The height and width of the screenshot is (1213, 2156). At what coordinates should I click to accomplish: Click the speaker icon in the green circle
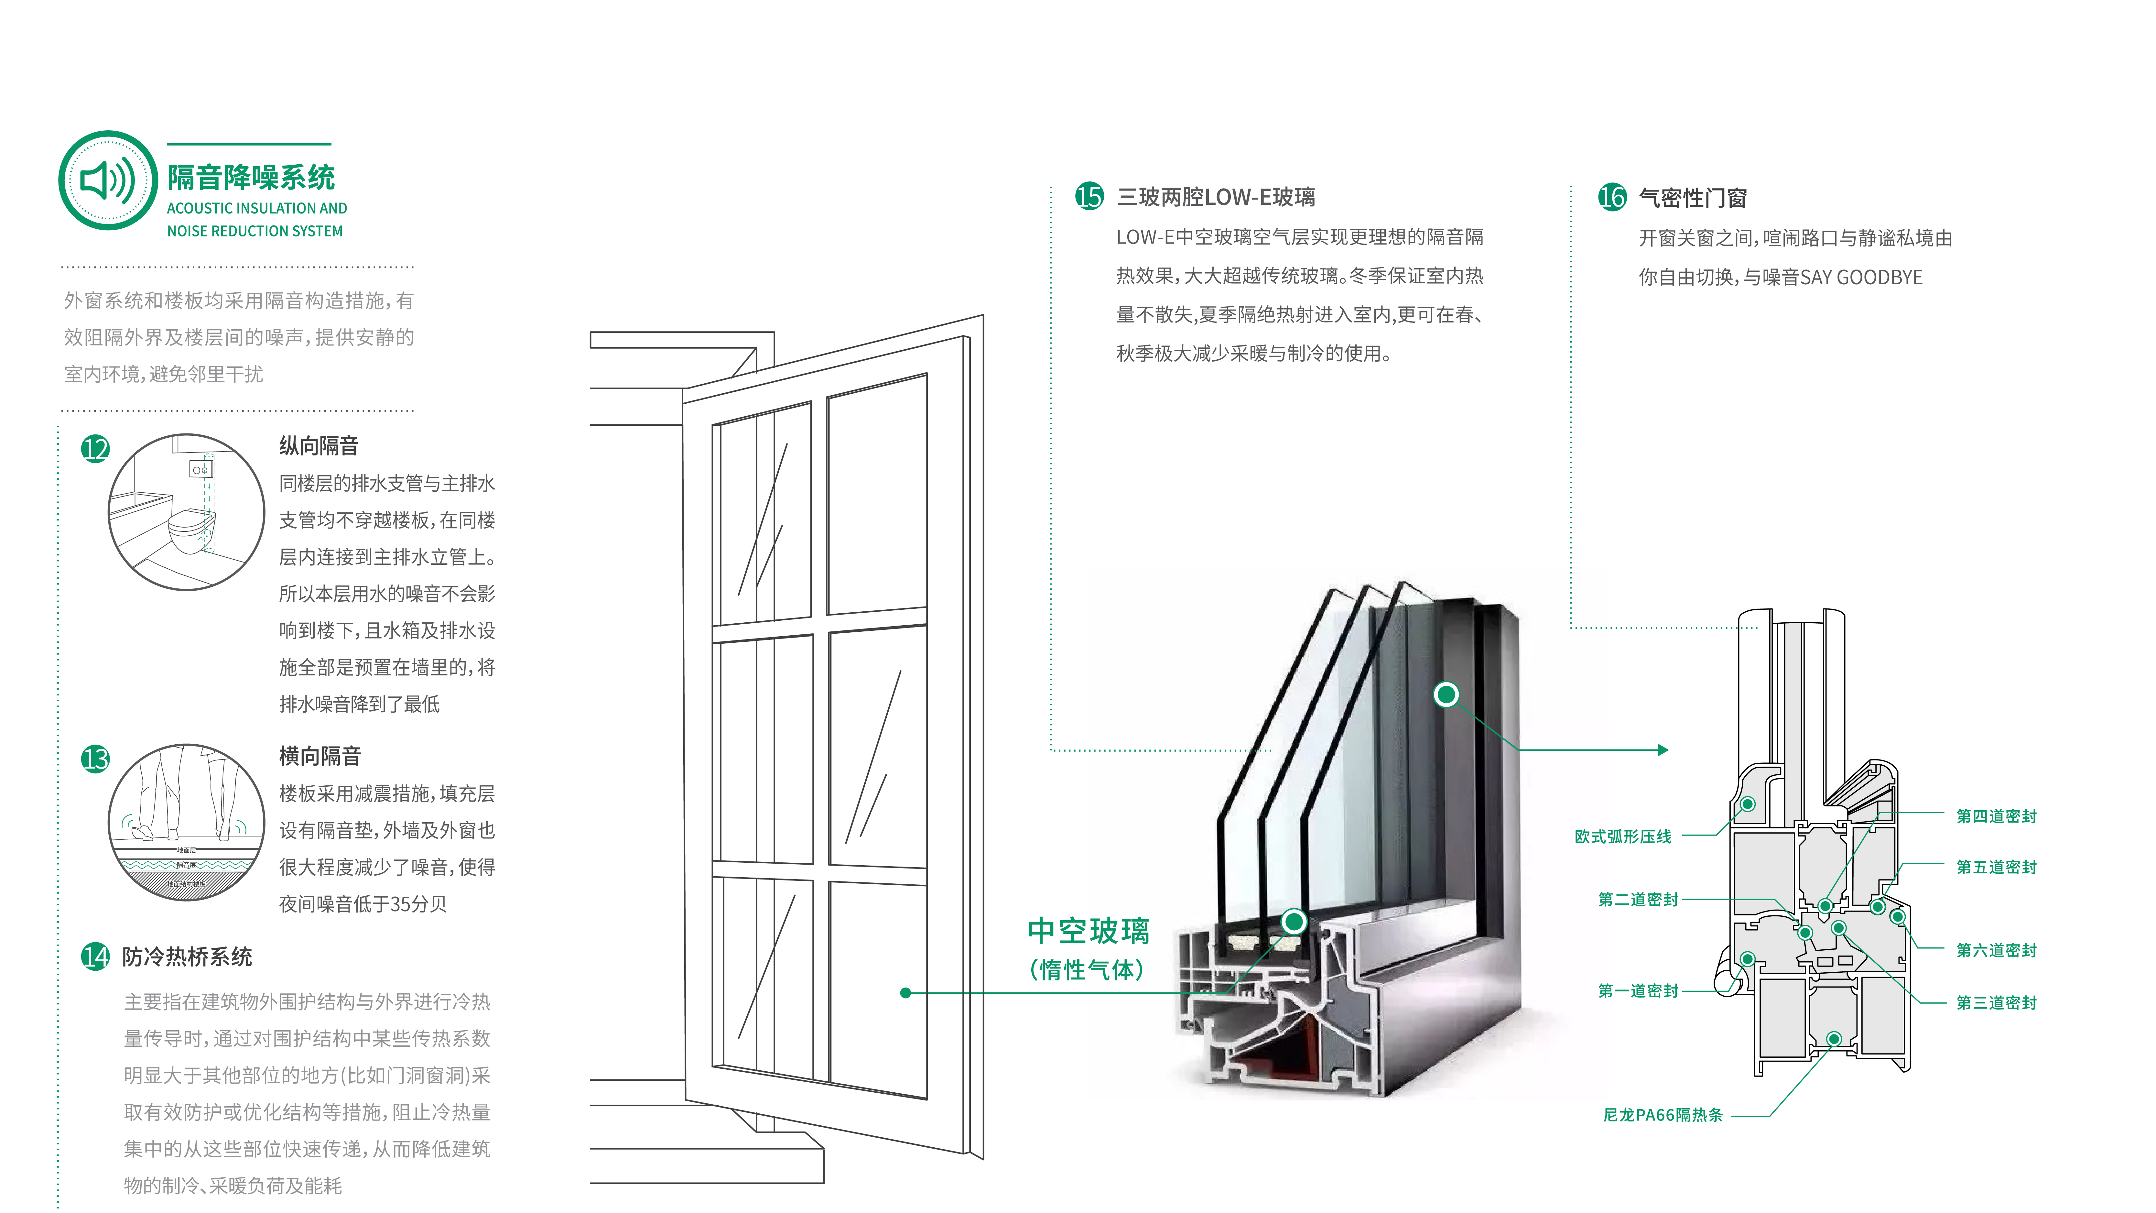(107, 180)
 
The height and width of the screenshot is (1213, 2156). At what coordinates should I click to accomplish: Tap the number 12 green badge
(95, 449)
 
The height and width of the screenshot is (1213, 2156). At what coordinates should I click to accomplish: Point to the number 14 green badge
(95, 956)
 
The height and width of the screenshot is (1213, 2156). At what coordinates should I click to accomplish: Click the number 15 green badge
(1089, 197)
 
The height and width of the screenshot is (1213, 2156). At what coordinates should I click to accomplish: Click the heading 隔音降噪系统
(251, 178)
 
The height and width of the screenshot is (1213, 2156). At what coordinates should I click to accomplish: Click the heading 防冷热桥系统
(188, 957)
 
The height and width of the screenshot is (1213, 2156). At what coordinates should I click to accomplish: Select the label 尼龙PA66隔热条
(1662, 1115)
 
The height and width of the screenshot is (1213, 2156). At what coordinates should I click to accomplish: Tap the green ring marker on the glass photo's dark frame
(1446, 694)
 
